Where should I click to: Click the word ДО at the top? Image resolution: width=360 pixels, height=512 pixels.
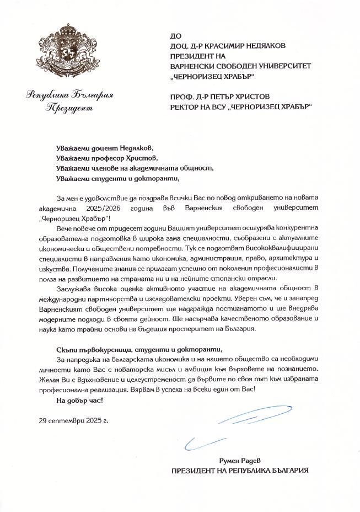(176, 36)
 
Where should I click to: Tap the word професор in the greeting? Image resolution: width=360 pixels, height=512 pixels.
(112, 158)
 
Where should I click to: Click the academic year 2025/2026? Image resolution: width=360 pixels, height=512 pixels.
(142, 208)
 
